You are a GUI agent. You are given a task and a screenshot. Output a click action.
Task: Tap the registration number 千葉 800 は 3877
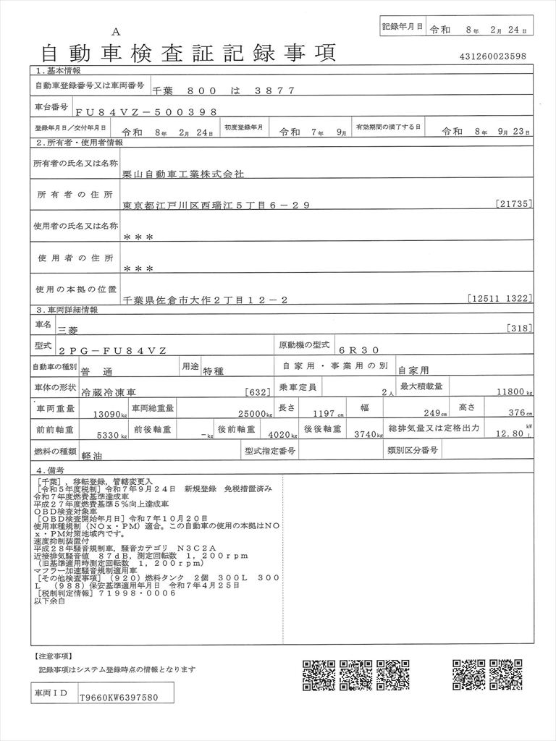[x=224, y=90]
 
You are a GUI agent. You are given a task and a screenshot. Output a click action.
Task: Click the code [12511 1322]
[x=500, y=297]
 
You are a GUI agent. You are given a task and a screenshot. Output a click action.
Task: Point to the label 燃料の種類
[x=56, y=452]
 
